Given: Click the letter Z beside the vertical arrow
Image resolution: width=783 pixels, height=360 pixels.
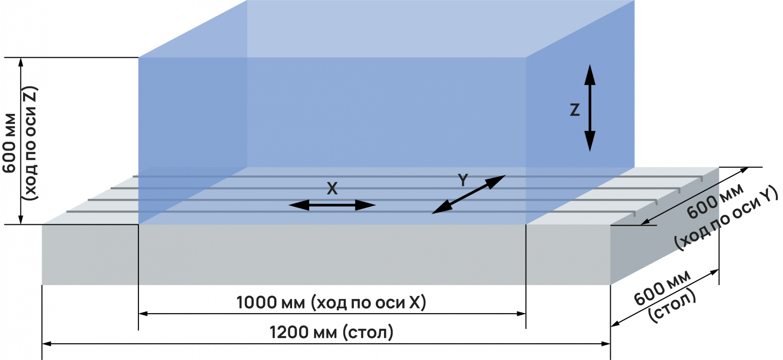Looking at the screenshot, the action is point(574,110).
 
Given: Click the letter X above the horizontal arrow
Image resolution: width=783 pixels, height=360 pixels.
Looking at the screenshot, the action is point(332,189).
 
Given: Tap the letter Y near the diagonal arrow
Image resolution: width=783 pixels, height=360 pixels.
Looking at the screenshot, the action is point(463,180).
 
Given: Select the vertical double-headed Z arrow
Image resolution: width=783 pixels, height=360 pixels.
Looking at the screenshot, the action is point(590,108).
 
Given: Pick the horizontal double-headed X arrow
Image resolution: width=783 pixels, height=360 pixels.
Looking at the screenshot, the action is point(332,205).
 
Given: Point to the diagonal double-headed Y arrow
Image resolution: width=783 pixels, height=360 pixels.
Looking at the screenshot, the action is point(469,194).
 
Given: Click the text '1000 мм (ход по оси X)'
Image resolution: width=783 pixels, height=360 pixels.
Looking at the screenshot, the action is point(331,303).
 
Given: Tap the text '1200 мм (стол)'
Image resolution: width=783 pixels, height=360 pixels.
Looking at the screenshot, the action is point(331,333).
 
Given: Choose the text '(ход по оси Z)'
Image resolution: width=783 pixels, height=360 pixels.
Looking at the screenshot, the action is point(31,143).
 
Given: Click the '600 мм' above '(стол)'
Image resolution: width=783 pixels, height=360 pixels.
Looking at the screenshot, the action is point(662,288).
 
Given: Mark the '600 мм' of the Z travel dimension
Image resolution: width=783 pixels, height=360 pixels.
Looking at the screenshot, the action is point(9,143).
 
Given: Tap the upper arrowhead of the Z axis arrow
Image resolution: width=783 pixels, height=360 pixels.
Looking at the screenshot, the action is point(590,75).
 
